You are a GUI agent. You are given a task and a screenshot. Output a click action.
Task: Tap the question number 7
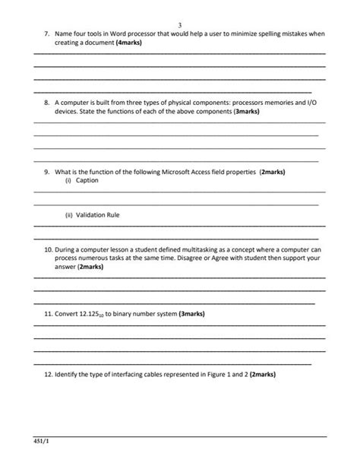46,35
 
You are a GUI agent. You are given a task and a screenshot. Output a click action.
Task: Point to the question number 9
46,172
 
